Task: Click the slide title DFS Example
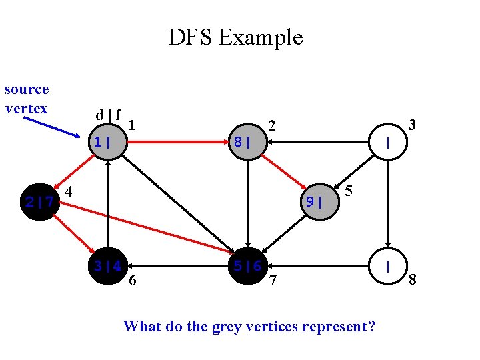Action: (235, 37)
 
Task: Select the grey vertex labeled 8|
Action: (247, 142)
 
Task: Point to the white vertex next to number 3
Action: (388, 142)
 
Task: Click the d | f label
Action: (108, 115)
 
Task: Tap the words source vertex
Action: (27, 99)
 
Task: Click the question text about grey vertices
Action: (249, 326)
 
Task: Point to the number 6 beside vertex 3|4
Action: (133, 281)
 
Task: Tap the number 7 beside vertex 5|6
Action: (272, 282)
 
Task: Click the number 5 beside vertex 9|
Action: (349, 191)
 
